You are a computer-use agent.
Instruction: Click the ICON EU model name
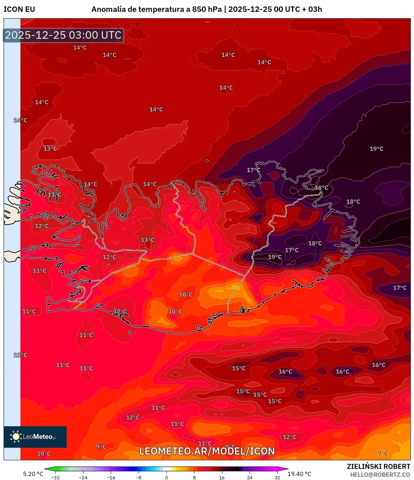click(x=19, y=9)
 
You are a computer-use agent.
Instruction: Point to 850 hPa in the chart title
click(x=207, y=9)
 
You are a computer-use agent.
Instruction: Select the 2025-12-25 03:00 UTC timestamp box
click(x=63, y=35)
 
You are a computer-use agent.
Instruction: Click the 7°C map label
click(x=383, y=453)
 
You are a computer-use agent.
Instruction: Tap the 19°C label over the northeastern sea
click(x=376, y=149)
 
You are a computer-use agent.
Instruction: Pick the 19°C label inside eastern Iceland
click(x=275, y=257)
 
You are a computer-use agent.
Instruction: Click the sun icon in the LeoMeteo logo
click(x=16, y=437)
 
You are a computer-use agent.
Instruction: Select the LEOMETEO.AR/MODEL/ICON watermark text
click(x=207, y=451)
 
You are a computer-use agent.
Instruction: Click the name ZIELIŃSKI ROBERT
click(x=379, y=466)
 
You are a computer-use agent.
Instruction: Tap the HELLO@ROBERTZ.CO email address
click(x=380, y=475)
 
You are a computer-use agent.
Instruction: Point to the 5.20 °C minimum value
click(x=33, y=474)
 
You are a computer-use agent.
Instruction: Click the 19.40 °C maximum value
click(x=299, y=474)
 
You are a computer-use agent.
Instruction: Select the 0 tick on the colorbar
click(x=167, y=477)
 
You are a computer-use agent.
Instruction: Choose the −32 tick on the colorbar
click(x=56, y=477)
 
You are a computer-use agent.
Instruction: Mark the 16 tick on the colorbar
click(x=222, y=477)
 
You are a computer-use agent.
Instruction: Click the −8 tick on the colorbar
click(x=139, y=477)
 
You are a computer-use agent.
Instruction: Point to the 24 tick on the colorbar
click(x=250, y=477)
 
